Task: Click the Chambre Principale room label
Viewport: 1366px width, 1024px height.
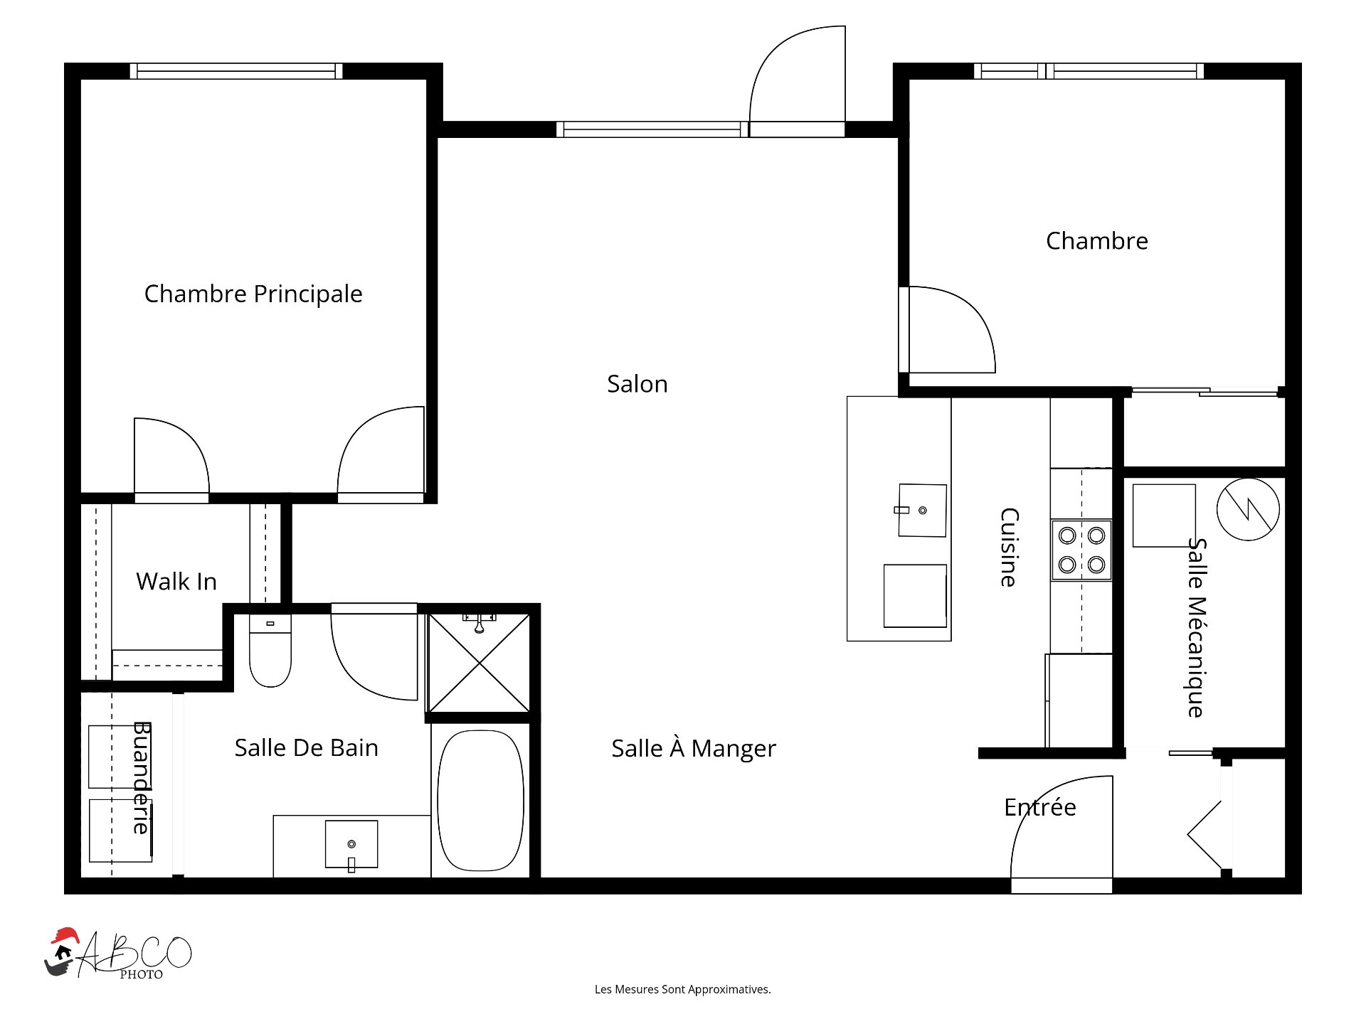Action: coord(253,294)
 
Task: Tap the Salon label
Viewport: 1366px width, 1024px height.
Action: coord(637,384)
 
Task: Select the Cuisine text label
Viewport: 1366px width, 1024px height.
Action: coord(1009,548)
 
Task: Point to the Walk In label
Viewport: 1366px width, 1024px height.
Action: coord(176,582)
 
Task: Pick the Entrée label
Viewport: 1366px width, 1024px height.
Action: coord(1040,807)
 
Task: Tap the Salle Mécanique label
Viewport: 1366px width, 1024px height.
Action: coord(1197,628)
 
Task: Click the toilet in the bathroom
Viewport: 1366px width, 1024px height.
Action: coord(270,651)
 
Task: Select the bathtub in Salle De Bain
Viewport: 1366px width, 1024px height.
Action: coord(481,801)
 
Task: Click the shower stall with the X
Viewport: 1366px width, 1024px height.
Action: coord(480,663)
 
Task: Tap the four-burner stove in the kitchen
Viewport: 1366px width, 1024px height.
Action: coord(1081,550)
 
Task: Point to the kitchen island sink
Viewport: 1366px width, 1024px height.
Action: coord(922,511)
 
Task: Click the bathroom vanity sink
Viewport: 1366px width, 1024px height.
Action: coord(351,845)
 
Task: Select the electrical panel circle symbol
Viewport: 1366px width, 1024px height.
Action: coord(1248,509)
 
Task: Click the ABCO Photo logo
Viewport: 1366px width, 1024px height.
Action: coord(118,954)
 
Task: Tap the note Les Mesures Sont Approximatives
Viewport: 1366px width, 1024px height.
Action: coord(683,989)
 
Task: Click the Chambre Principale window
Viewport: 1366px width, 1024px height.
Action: coord(236,71)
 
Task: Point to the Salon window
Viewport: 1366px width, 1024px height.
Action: coord(652,129)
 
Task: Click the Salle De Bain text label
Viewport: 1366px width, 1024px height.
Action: coord(307,748)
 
